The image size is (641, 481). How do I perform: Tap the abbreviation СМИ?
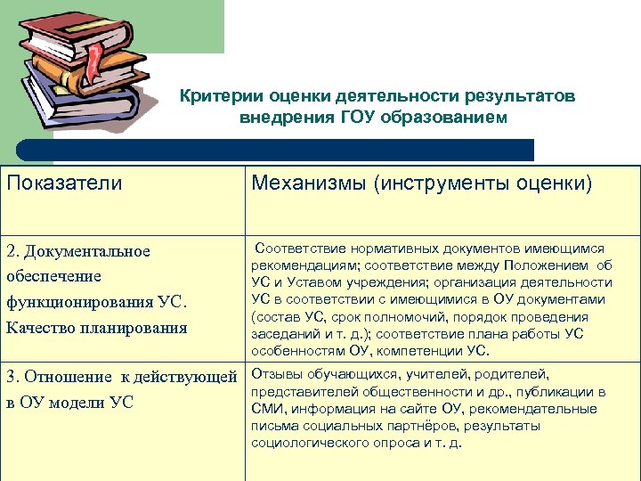click(266, 409)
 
